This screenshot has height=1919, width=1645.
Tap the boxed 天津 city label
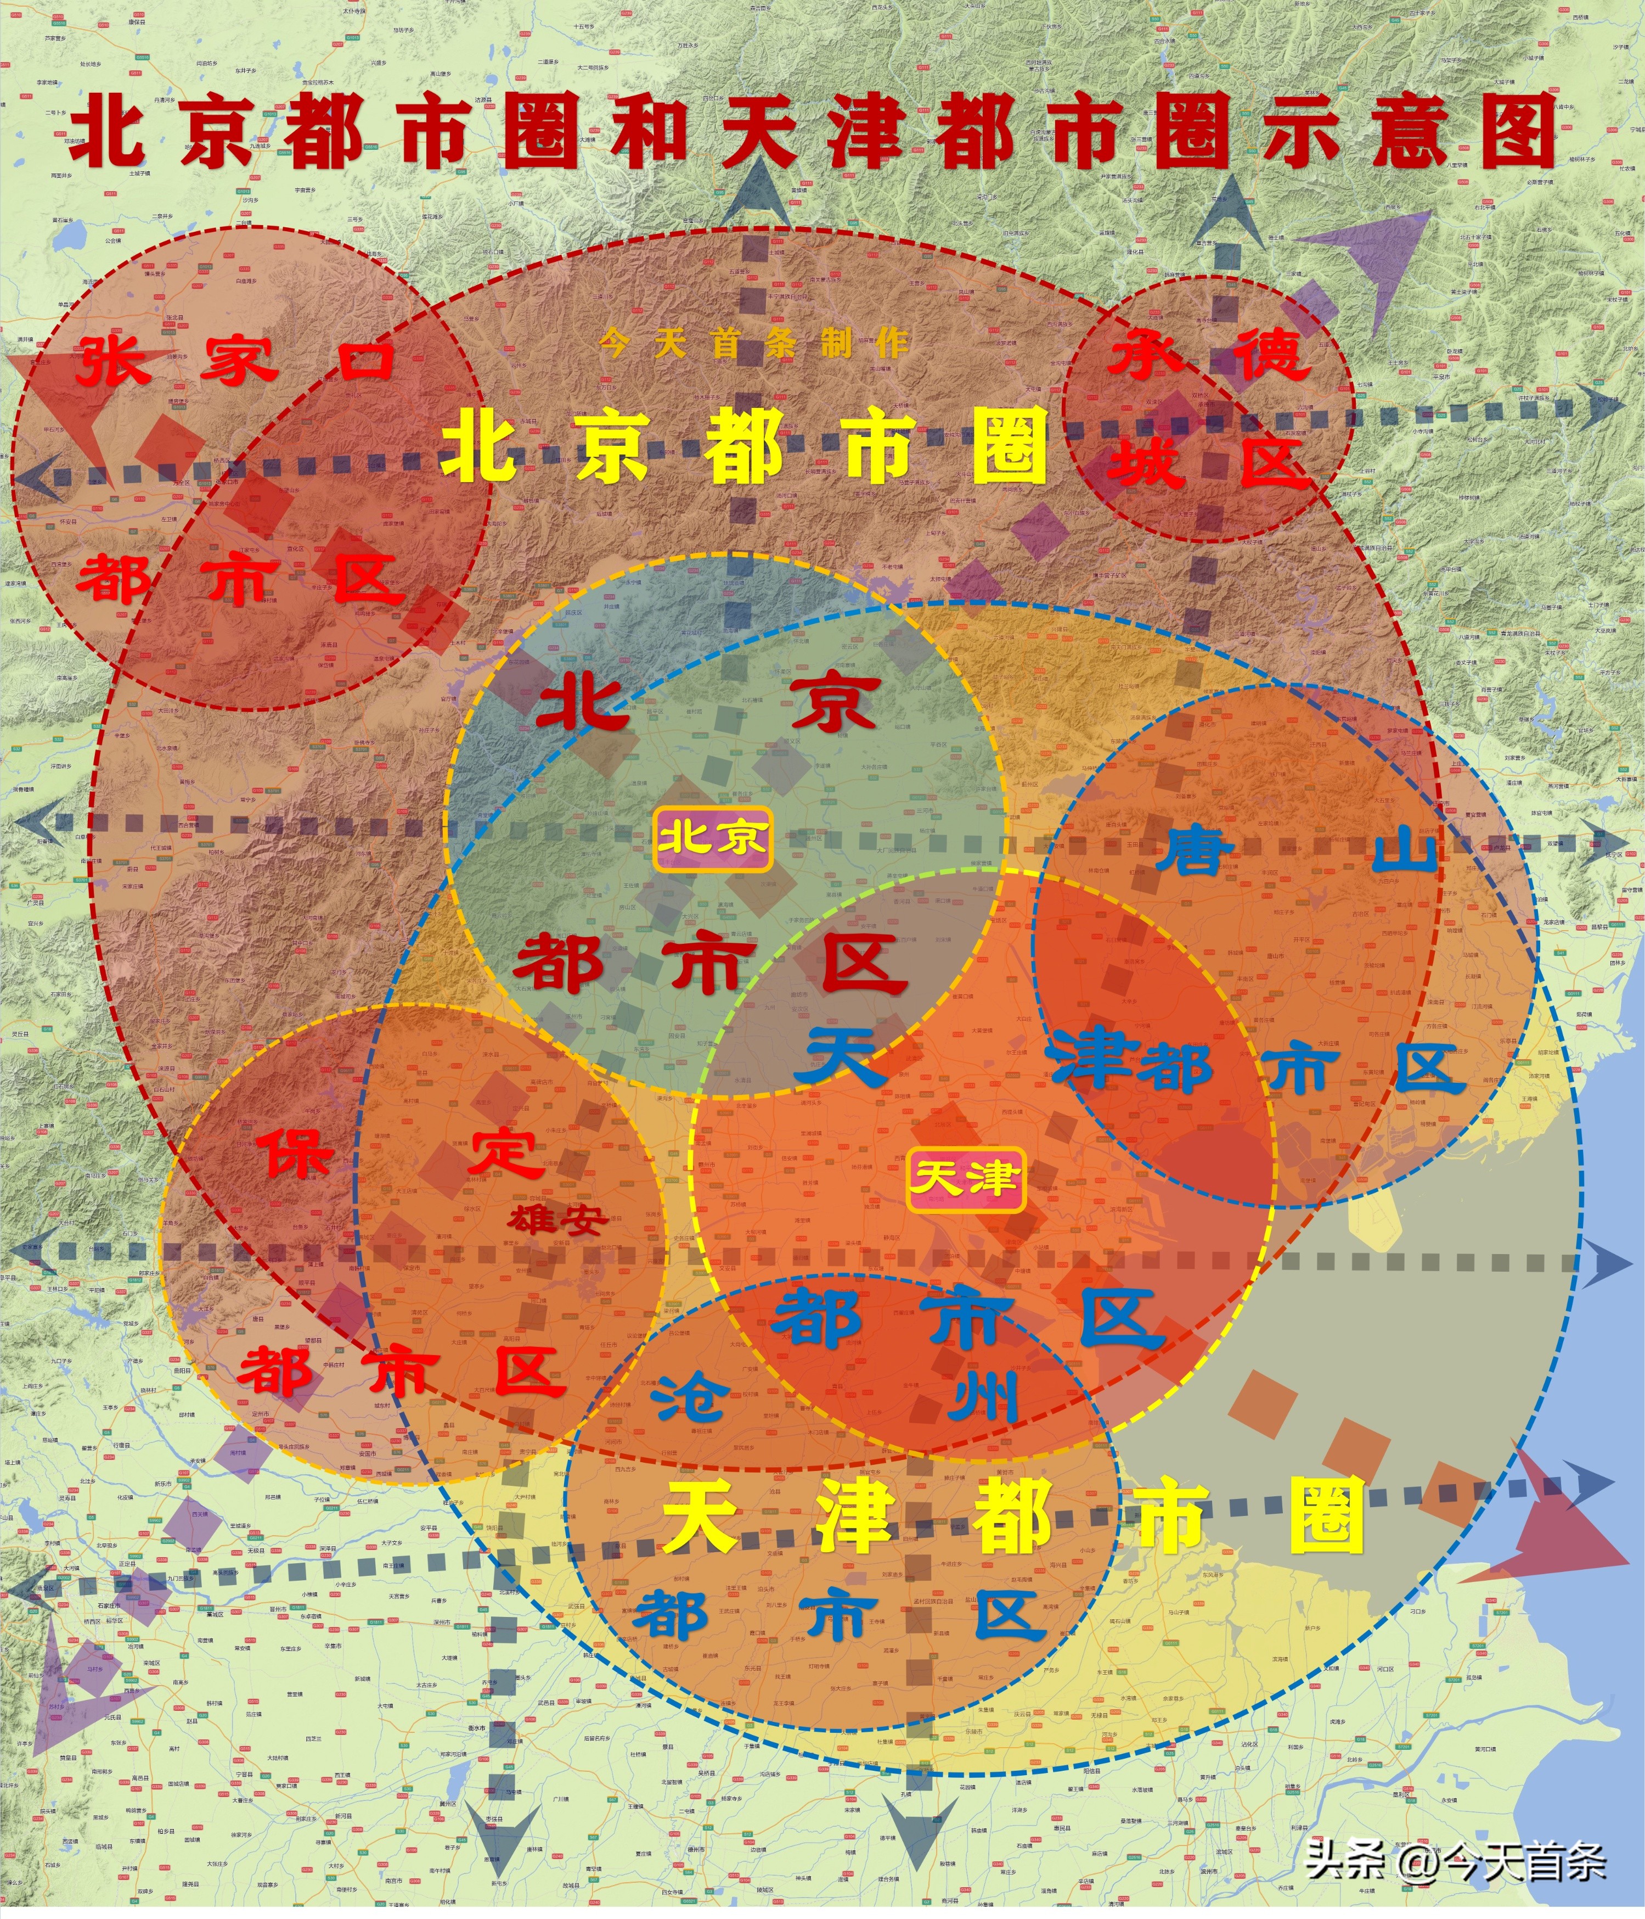(x=966, y=1179)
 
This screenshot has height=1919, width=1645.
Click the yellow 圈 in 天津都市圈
(x=1327, y=1516)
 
